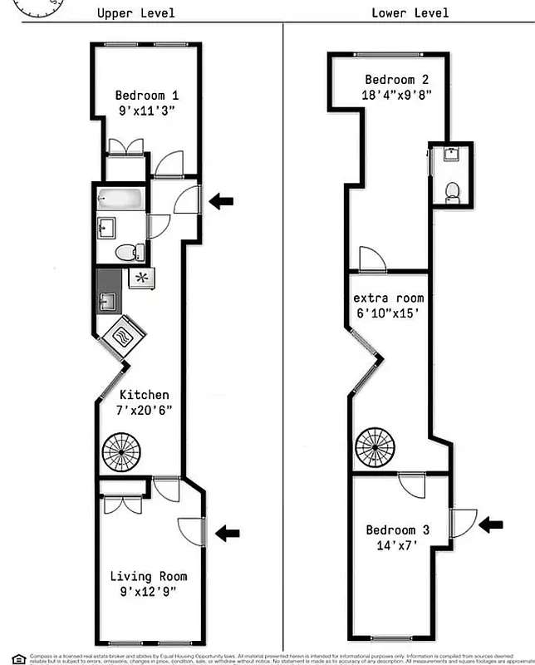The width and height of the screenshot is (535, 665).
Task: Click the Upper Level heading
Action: (x=136, y=12)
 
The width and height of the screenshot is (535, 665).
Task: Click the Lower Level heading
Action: (x=410, y=12)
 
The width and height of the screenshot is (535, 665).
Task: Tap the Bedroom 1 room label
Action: (x=147, y=94)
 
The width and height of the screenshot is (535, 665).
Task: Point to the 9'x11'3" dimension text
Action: (x=147, y=110)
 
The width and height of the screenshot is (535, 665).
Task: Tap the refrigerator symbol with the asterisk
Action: (x=141, y=278)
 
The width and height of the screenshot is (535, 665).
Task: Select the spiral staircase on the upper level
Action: (x=122, y=452)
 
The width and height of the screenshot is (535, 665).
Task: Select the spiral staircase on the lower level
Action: (x=375, y=447)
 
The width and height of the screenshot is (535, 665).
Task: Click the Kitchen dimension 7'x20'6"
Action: (x=145, y=411)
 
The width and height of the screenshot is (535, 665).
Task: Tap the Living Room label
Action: (x=149, y=576)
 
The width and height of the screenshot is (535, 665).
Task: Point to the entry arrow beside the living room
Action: (x=227, y=532)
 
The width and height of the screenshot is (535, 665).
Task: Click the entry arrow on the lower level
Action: (x=491, y=524)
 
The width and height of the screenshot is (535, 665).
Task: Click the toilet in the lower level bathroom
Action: (x=452, y=191)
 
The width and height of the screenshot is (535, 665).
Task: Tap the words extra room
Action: (x=388, y=298)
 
